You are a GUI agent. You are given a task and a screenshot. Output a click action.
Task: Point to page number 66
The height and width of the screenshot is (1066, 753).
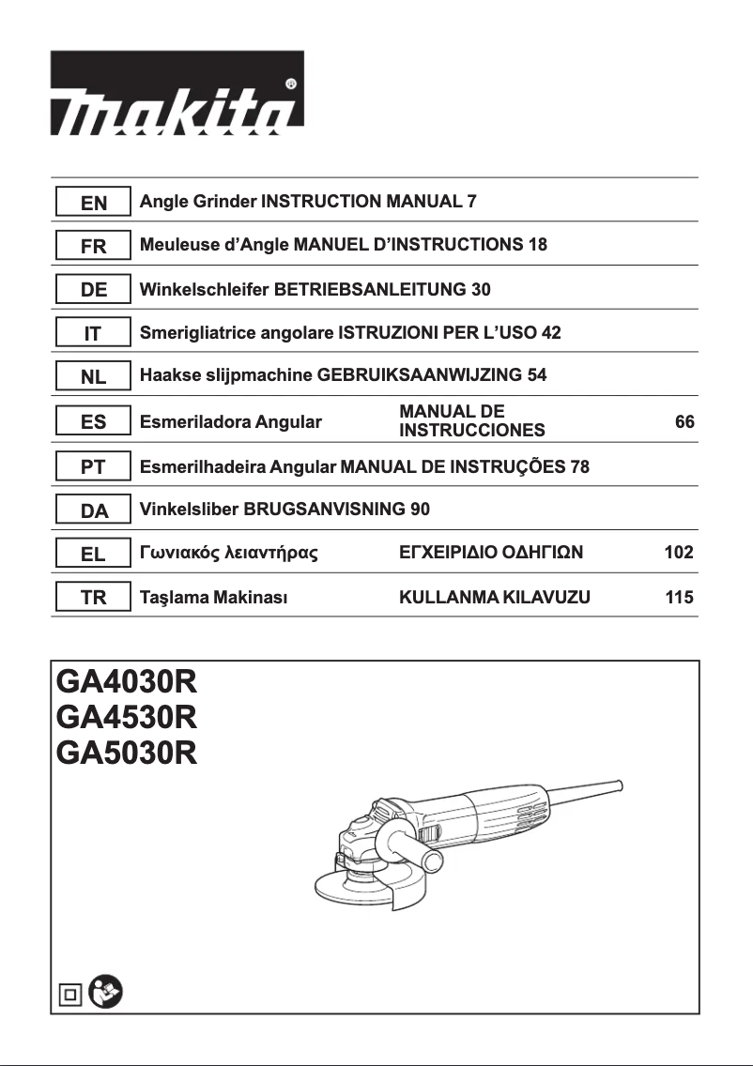684,422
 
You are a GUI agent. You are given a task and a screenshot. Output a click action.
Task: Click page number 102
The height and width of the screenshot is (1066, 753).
679,554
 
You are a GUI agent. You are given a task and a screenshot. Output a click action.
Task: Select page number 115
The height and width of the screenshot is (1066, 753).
679,597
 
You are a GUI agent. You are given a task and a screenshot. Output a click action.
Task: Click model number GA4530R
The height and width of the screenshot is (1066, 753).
127,717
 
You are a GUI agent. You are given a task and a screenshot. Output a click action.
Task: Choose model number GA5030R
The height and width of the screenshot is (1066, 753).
127,753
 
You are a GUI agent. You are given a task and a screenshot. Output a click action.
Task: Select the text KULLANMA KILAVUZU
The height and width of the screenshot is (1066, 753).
495,597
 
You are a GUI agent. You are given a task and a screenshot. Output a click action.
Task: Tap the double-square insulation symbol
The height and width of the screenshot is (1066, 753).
69,993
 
